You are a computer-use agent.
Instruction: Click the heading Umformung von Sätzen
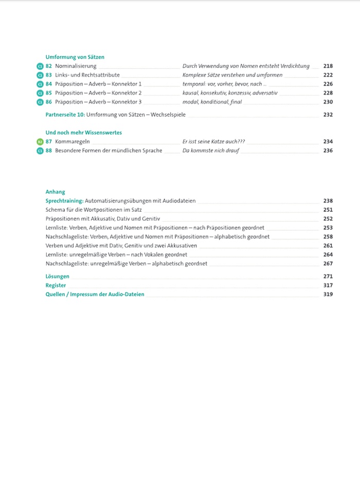(x=75, y=57)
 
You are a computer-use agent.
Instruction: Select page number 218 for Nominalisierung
(x=328, y=66)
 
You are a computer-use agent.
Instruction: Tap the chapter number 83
(x=49, y=75)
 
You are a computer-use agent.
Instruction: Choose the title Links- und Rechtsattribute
(x=87, y=75)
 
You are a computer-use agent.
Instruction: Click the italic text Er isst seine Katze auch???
(x=213, y=142)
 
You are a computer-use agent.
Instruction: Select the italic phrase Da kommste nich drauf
(x=211, y=151)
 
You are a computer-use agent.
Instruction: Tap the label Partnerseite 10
(x=65, y=115)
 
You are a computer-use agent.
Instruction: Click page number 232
(x=328, y=115)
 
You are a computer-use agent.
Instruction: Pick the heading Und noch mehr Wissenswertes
(x=83, y=133)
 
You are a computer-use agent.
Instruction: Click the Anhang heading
(x=55, y=192)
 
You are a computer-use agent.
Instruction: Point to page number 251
(x=328, y=210)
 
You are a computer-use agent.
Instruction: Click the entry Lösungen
(x=57, y=277)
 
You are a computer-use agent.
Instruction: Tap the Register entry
(x=56, y=285)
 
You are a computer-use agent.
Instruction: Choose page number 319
(x=328, y=294)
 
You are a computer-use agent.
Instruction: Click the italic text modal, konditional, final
(x=212, y=102)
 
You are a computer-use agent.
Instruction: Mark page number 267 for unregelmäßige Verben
(x=328, y=264)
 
